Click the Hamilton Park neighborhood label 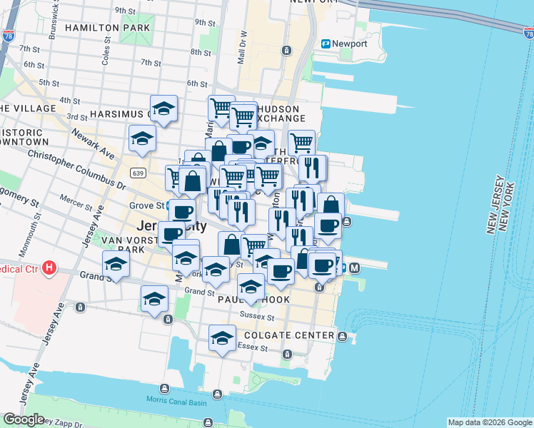coord(107,28)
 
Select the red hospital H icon coord(49,268)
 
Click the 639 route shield coord(138,173)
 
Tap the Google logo coord(24,419)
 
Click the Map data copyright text coord(490,422)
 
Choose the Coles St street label coord(106,57)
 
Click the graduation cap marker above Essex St coord(222,337)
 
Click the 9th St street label coord(125,11)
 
